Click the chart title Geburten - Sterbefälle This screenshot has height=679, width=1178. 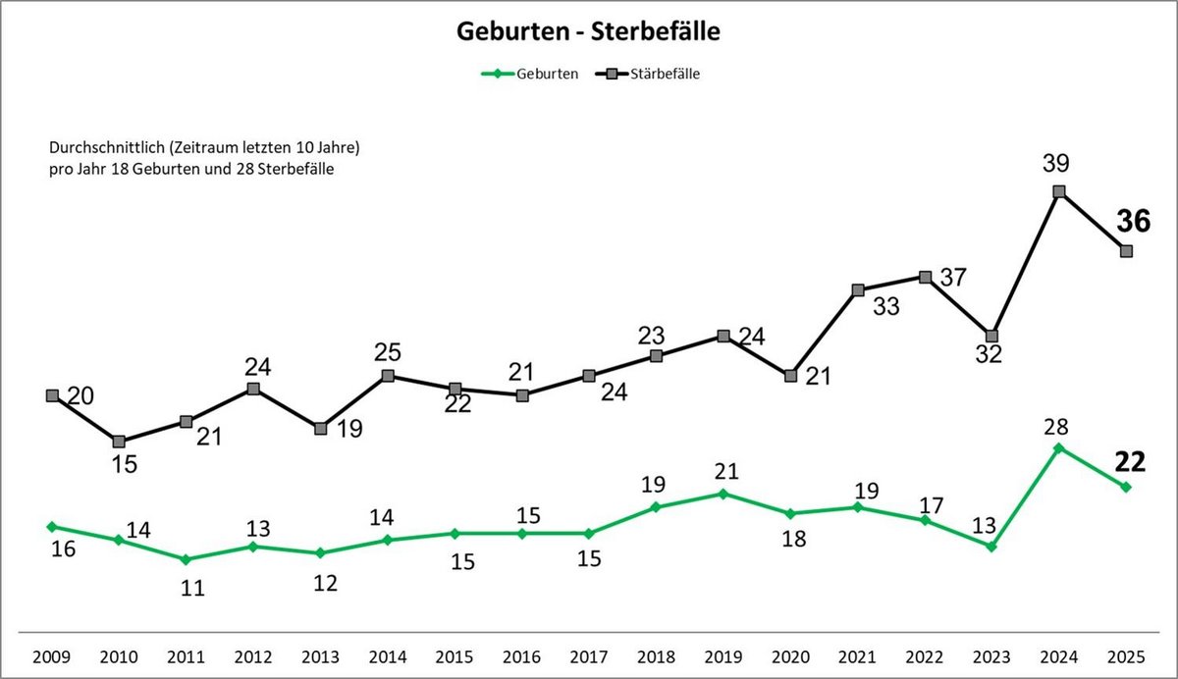point(588,31)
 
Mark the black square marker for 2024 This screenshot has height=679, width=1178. point(1059,191)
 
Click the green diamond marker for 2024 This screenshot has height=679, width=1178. point(1059,448)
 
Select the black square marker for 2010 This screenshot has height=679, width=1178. point(119,442)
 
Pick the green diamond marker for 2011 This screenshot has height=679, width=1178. point(186,559)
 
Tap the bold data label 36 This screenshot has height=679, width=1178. point(1134,222)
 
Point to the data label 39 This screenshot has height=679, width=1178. point(1056,163)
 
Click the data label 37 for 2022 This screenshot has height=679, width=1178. point(954,279)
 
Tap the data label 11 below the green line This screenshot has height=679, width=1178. point(192,588)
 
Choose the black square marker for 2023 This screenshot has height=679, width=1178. point(991,336)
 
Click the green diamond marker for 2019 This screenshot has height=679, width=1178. point(723,494)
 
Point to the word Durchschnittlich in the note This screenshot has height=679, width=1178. point(102,147)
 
